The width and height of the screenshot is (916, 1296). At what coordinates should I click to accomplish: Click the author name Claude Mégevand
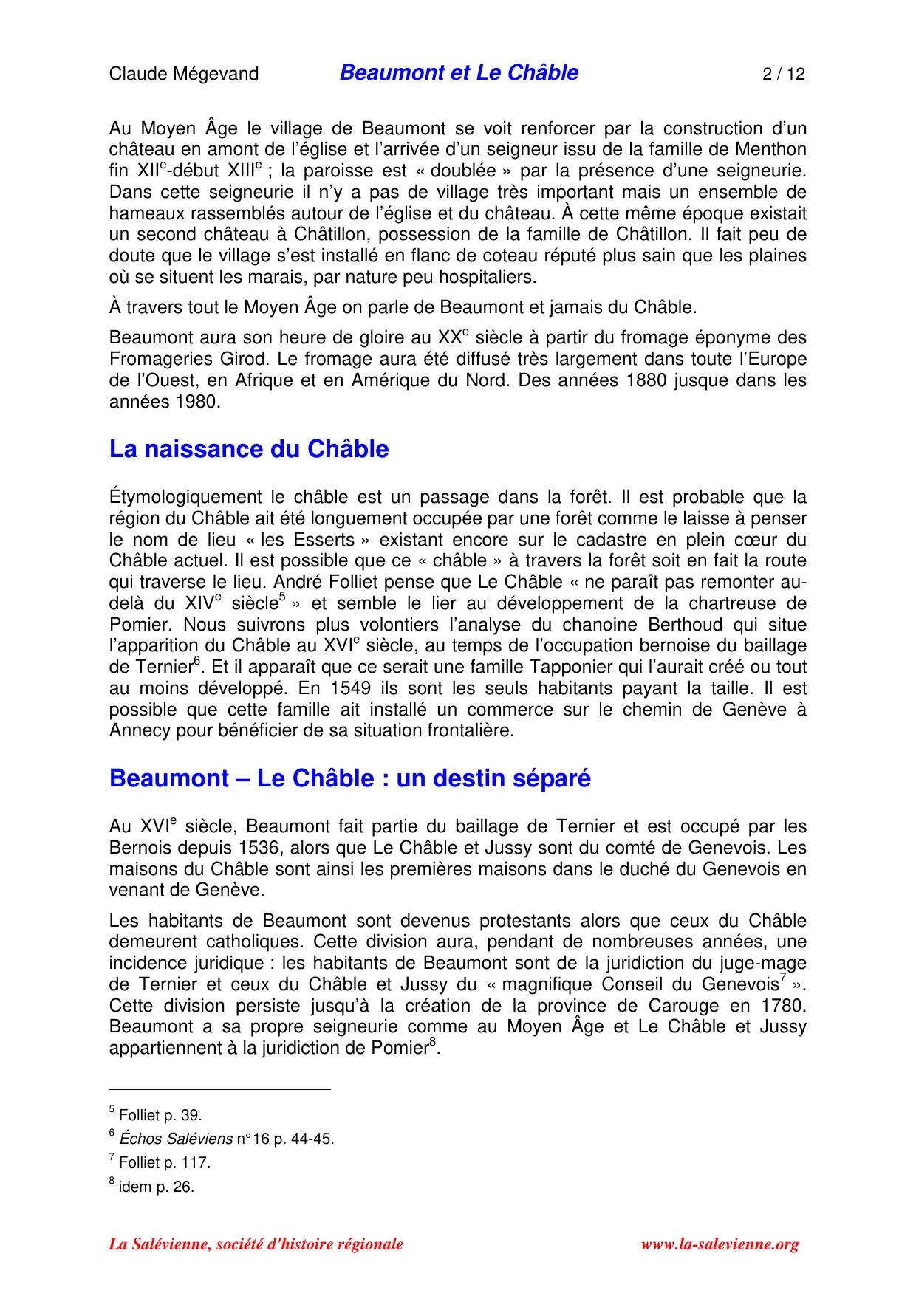click(x=184, y=74)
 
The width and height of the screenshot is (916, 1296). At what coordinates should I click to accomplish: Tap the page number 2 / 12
click(x=784, y=74)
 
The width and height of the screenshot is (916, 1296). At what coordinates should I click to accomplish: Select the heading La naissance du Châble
click(x=249, y=449)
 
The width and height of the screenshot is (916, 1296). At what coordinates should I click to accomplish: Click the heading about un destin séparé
click(x=349, y=778)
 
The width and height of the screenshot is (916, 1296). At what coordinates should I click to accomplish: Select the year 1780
click(x=782, y=1006)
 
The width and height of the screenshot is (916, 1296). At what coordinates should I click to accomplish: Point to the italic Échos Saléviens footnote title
click(x=176, y=1139)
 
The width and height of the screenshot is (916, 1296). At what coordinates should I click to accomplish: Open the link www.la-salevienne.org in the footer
click(x=720, y=1244)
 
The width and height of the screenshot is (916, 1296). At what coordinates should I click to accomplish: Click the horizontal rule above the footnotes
click(x=219, y=1089)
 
